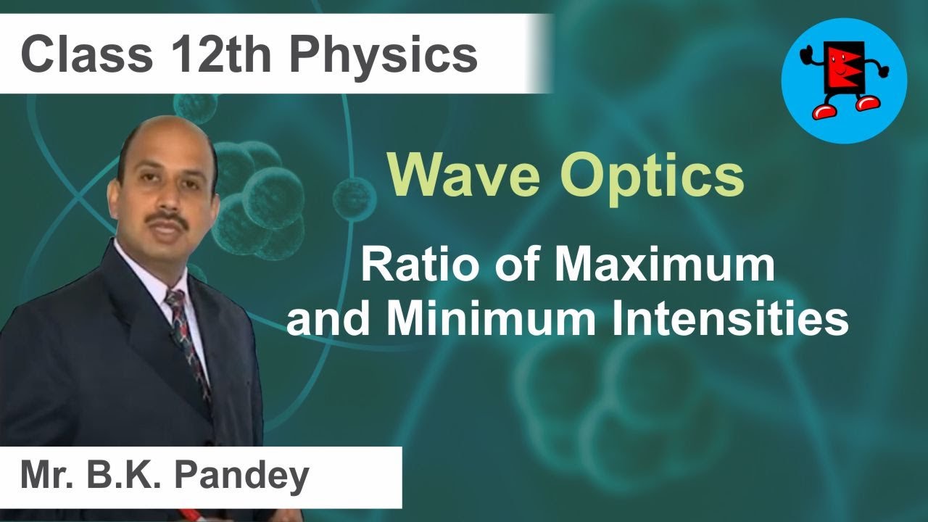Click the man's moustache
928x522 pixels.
click(168, 219)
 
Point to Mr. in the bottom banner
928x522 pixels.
click(48, 477)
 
